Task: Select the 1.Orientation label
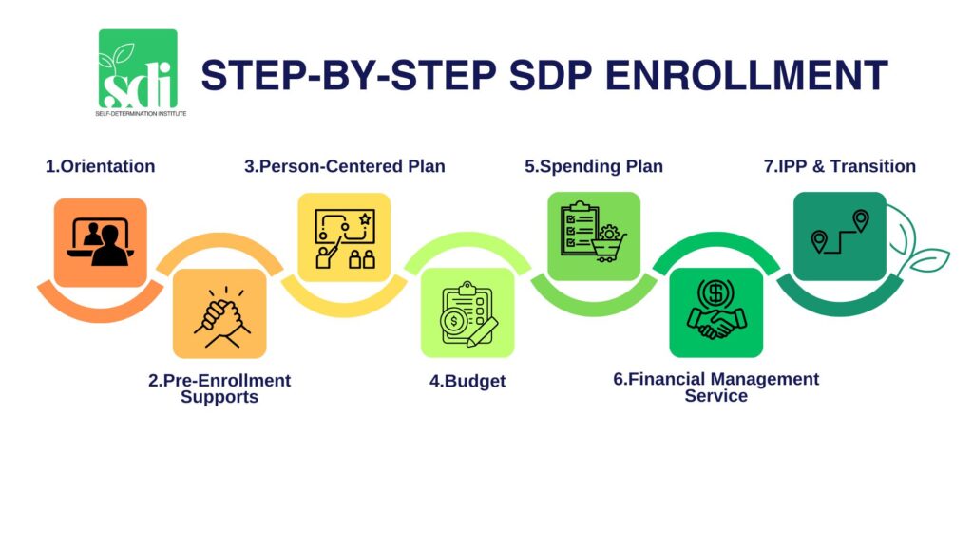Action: click(100, 166)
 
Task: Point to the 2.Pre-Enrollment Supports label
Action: click(219, 388)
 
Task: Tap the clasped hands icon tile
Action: click(219, 313)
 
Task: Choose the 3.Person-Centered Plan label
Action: click(344, 166)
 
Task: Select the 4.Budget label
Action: click(467, 382)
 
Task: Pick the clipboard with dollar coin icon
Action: click(467, 312)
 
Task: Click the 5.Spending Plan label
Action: click(594, 166)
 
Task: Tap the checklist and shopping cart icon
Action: click(594, 236)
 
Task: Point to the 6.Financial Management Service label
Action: click(715, 387)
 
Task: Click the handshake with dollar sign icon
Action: click(715, 312)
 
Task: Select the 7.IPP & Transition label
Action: click(840, 166)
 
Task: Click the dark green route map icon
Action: click(839, 236)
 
